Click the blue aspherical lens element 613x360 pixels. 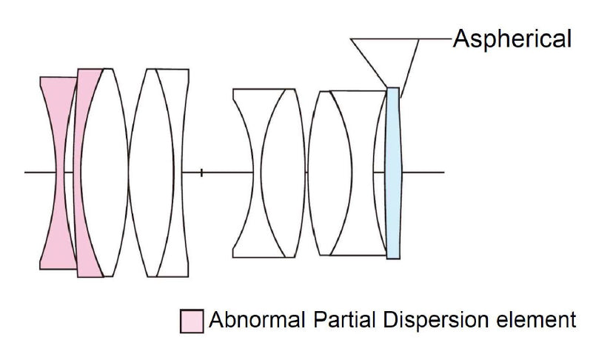[x=393, y=172]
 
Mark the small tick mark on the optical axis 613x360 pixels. [x=201, y=173]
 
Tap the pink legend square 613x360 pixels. [x=192, y=321]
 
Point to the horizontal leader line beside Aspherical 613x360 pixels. [x=437, y=39]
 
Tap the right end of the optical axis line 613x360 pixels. [x=443, y=173]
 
